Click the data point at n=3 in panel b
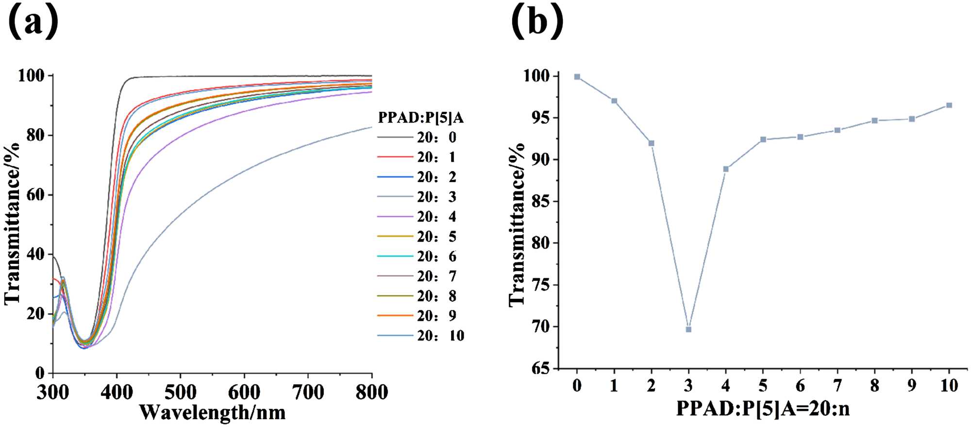(x=688, y=329)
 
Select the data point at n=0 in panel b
(x=577, y=77)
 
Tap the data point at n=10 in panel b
(x=949, y=105)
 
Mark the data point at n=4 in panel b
(x=726, y=169)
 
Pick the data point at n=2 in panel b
(x=652, y=143)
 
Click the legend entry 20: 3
(x=436, y=197)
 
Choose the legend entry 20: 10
(x=440, y=336)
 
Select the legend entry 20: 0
(x=436, y=137)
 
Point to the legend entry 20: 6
(x=436, y=256)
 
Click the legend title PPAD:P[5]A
(x=420, y=118)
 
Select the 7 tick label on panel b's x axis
(x=837, y=386)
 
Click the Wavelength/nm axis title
(x=212, y=413)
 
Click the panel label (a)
(x=33, y=22)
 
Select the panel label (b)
(x=537, y=22)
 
